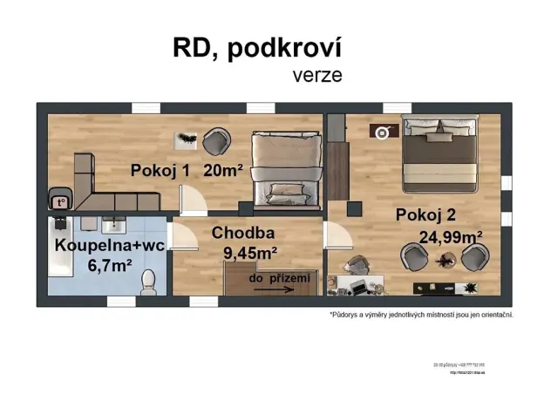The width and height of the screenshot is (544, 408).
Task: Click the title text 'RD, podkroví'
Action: point(257,50)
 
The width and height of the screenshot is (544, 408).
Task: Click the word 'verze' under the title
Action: point(316,75)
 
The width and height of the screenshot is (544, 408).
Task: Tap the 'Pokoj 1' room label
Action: point(160,171)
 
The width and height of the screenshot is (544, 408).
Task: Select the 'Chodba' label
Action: point(243,233)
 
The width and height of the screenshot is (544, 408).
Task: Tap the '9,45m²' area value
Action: point(250,253)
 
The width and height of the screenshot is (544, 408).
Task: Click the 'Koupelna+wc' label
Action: point(110,246)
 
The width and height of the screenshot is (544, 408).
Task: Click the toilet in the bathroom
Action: point(148,280)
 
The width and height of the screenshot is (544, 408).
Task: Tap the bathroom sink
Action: point(112,226)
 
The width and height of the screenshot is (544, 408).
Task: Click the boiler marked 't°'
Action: point(60,202)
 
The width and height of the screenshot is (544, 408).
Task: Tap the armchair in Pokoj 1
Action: point(216,139)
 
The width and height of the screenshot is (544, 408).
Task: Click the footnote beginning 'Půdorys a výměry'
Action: point(421,314)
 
